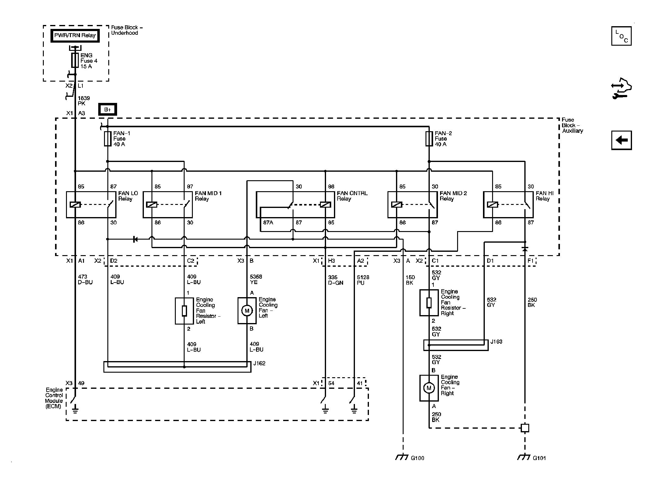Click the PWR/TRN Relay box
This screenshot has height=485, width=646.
point(75,35)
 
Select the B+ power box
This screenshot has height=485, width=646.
point(108,110)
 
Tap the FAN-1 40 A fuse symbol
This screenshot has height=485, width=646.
point(108,139)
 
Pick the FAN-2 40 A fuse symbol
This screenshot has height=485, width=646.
point(429,139)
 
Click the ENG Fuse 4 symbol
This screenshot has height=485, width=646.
point(75,60)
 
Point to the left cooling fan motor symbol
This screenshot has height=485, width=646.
point(247,311)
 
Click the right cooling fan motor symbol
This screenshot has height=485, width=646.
point(429,388)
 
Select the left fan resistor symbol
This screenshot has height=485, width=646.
point(184,311)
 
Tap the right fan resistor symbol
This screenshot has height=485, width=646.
point(429,303)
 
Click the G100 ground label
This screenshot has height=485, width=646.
point(417,458)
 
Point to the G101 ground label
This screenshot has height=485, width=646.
point(539,458)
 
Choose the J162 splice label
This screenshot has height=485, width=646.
point(259,363)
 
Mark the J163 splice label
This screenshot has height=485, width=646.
point(496,342)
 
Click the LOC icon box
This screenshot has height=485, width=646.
point(621,36)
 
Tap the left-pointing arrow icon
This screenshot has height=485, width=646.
point(621,140)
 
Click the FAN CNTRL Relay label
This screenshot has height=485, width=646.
point(352,196)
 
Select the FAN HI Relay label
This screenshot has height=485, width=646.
point(544,196)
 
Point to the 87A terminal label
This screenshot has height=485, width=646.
point(268,223)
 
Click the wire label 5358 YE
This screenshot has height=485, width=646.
point(256,279)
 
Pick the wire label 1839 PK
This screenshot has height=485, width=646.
point(84,101)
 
